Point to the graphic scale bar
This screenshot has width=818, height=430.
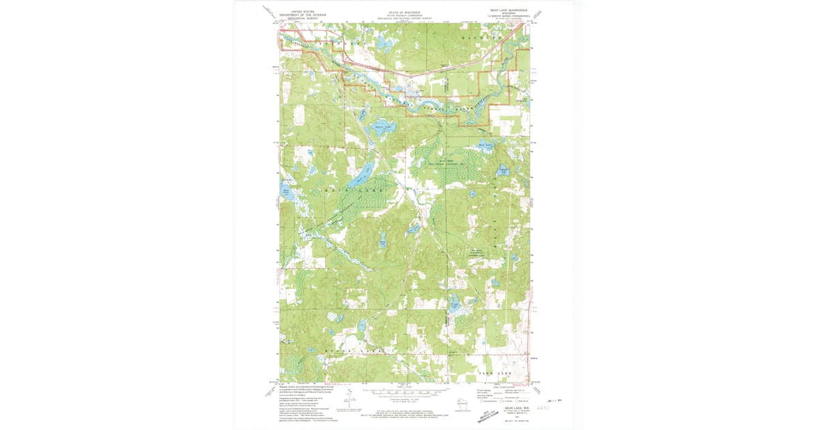(x=405, y=392)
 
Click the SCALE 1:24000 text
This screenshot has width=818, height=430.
(x=405, y=387)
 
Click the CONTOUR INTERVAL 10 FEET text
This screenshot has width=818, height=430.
(x=405, y=398)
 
